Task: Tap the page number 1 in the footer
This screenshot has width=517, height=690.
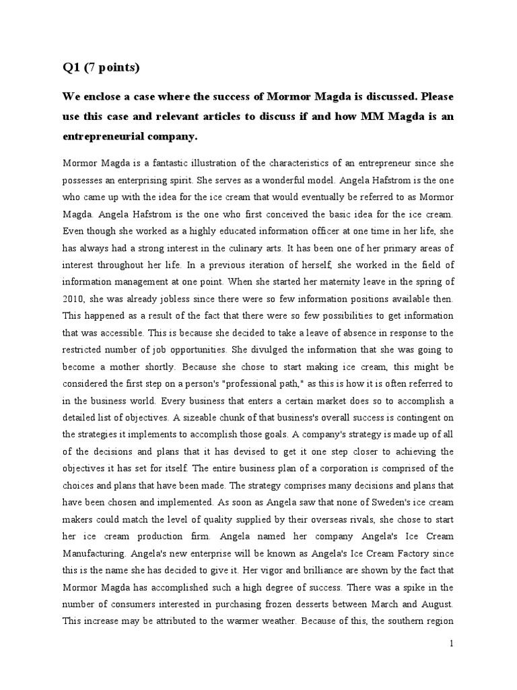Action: click(x=452, y=644)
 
